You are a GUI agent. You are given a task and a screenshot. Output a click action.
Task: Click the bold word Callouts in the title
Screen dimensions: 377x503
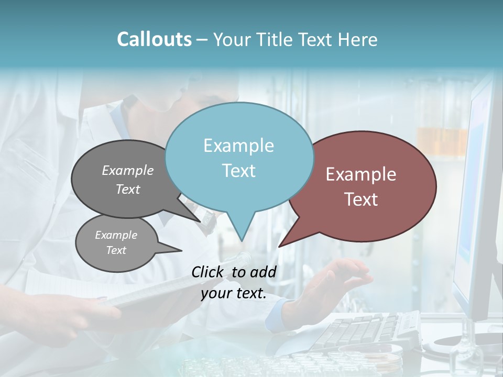154,39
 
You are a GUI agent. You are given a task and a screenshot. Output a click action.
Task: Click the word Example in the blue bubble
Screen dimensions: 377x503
238,146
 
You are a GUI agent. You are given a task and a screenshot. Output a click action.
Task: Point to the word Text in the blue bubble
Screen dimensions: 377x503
238,171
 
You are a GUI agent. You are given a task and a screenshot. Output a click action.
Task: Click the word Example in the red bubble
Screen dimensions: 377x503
361,174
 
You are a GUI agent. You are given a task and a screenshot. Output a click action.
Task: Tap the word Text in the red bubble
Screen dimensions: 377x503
361,199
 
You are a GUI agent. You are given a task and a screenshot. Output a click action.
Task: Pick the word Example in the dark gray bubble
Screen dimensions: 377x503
128,170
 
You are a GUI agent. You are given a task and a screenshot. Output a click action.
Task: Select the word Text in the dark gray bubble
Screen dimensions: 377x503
128,189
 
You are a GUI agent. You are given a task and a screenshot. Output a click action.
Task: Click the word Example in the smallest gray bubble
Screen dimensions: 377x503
116,235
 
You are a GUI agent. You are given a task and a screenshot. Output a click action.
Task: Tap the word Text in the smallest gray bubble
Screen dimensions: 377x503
116,250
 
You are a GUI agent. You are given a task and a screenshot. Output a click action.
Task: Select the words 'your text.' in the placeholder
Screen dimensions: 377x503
234,294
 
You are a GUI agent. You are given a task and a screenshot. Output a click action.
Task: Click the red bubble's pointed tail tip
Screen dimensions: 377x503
279,246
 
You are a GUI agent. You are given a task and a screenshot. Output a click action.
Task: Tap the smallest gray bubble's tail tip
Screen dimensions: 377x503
181,250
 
